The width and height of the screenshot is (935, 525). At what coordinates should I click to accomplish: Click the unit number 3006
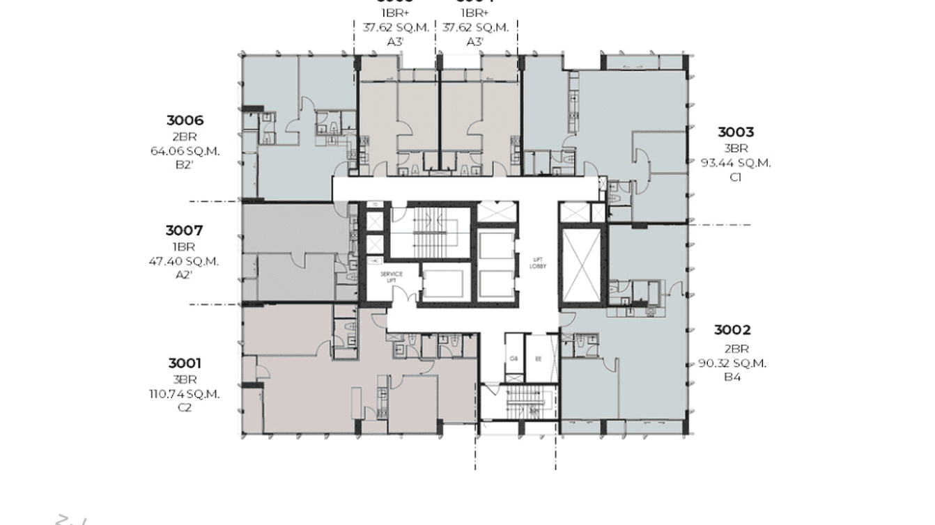(x=185, y=121)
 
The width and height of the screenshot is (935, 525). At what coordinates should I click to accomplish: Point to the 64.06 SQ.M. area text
(x=185, y=150)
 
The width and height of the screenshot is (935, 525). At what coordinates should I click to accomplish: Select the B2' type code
(x=185, y=165)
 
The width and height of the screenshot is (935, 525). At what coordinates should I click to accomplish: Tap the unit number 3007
(x=184, y=230)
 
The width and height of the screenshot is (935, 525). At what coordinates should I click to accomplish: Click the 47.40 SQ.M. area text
(x=184, y=261)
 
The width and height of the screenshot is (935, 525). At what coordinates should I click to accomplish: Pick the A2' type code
(x=184, y=275)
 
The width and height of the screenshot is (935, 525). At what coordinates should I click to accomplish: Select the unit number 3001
(x=185, y=363)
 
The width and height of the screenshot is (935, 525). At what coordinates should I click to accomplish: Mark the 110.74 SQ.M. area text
(x=185, y=394)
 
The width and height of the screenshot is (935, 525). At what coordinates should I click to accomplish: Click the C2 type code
(x=185, y=408)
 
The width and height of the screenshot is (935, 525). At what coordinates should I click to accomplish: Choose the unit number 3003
(x=736, y=132)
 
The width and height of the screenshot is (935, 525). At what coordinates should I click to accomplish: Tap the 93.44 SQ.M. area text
(x=736, y=163)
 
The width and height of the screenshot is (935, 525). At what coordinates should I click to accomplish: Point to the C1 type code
(x=736, y=177)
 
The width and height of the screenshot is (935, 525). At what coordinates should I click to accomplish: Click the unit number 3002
(x=732, y=331)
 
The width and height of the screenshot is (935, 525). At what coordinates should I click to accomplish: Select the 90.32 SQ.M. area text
(x=732, y=363)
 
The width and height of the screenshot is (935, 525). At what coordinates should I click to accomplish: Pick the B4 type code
(x=732, y=377)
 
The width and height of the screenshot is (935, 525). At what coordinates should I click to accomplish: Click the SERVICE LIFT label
(x=391, y=277)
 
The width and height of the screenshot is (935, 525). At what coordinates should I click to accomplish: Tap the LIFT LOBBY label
(x=536, y=262)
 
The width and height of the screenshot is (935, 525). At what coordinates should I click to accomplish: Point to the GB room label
(x=513, y=359)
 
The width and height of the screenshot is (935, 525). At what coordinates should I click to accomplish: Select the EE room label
(x=538, y=359)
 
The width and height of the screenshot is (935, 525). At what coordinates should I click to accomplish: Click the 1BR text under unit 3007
(x=184, y=246)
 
